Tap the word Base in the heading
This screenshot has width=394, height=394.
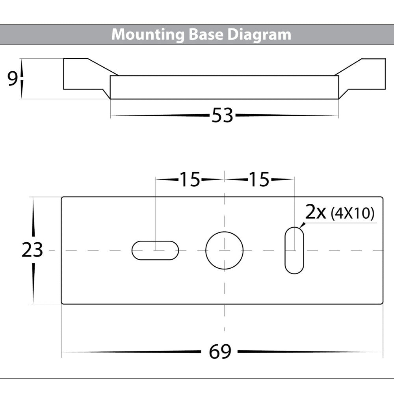coord(206,34)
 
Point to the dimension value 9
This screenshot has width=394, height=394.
coord(13,79)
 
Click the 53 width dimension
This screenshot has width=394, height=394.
coord(223,116)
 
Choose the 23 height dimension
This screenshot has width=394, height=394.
coord(32,250)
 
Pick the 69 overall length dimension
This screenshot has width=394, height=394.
coord(220,352)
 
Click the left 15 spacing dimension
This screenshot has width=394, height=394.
coord(191,180)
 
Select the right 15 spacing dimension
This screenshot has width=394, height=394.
coord(258,180)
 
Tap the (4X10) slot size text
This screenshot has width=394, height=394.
coord(352,214)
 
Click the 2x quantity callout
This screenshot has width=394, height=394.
coord(316,213)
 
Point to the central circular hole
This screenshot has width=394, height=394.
coord(224,250)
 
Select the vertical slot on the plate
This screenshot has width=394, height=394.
coord(294,250)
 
